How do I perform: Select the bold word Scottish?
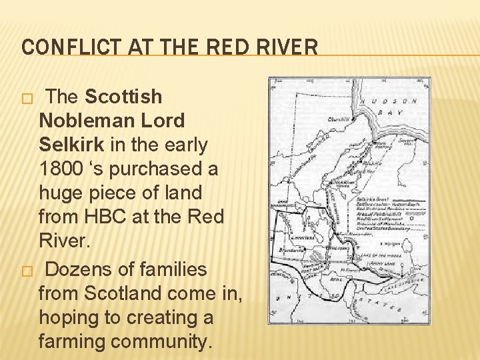123,97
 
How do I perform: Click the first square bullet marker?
26,98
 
